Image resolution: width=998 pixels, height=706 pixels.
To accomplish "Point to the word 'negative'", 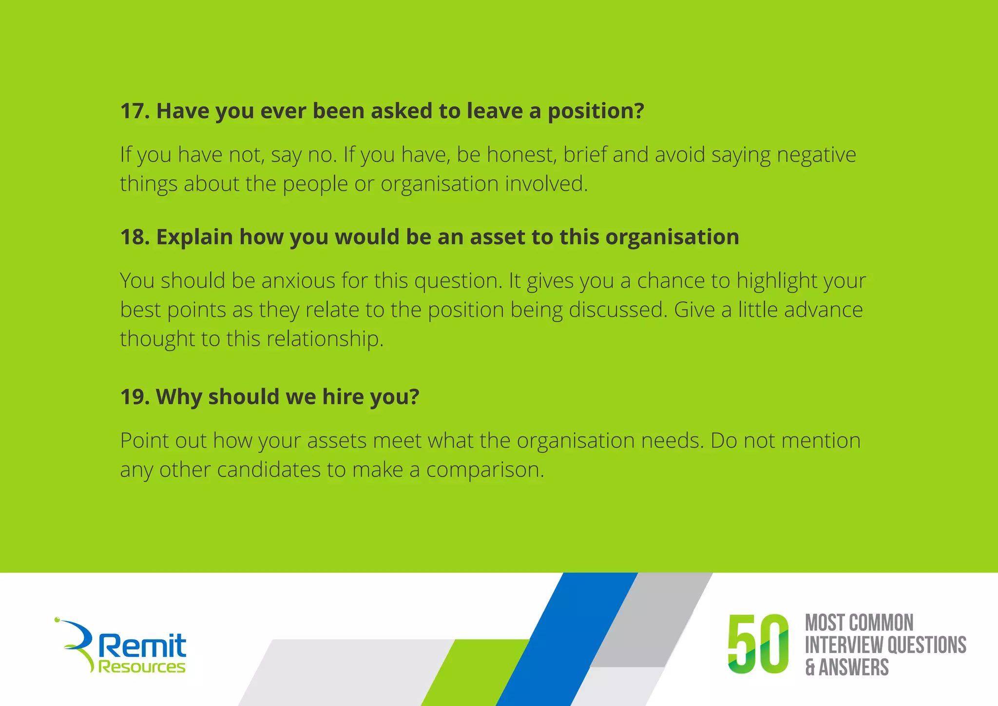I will click(816, 156).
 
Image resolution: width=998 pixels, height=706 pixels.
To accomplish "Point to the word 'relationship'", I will click(323, 339).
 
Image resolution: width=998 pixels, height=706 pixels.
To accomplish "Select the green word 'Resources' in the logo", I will click(142, 667).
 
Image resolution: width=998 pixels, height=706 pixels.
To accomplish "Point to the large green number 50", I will click(758, 644).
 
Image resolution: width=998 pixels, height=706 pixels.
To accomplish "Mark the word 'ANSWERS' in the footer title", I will click(854, 667).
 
